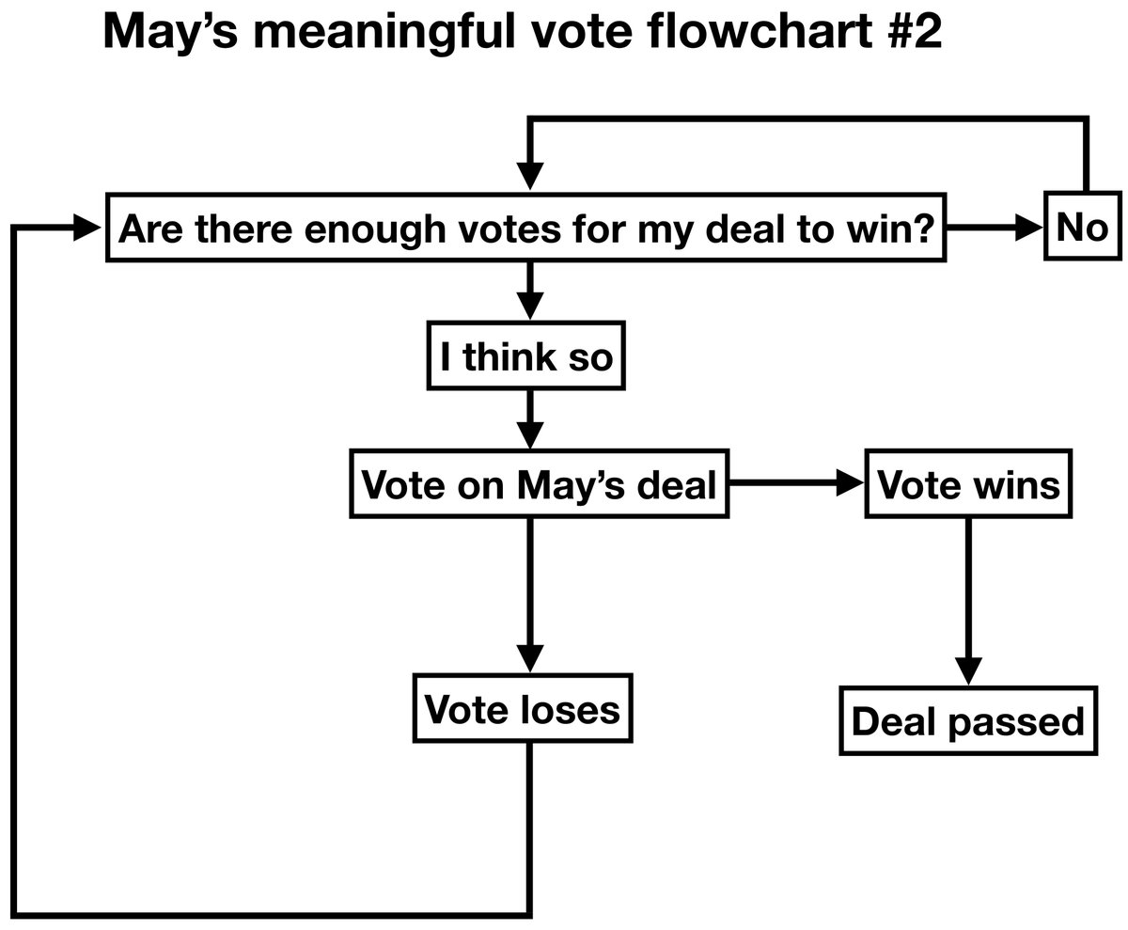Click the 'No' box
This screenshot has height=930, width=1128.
1082,227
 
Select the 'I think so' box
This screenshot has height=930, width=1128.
526,356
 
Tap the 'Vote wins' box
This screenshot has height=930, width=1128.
967,485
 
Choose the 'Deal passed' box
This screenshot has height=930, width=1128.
968,722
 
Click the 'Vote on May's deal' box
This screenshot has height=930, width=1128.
539,486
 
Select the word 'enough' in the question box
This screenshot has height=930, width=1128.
365,228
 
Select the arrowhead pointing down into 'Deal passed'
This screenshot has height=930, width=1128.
968,671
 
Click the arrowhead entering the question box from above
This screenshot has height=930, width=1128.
530,176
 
